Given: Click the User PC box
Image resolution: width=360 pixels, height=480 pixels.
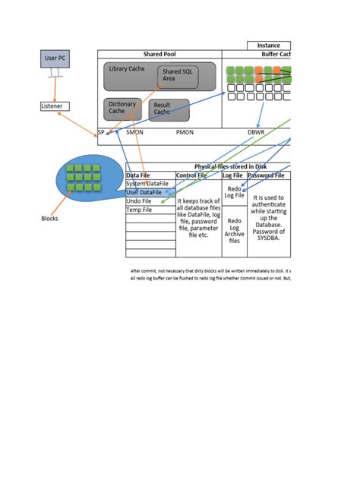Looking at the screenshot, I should [x=54, y=58].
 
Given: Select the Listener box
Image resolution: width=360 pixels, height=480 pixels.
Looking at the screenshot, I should [x=52, y=106].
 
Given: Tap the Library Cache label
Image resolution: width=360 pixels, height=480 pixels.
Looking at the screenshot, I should [x=126, y=68].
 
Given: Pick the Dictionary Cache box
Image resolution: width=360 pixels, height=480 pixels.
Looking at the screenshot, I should [x=122, y=108].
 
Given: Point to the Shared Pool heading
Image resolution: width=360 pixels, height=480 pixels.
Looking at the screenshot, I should [x=159, y=54].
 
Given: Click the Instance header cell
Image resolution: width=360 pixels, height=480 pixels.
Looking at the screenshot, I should [x=268, y=46].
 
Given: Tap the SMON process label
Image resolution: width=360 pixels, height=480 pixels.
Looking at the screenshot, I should [x=134, y=131].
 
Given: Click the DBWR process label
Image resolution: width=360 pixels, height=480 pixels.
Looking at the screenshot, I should [x=256, y=131].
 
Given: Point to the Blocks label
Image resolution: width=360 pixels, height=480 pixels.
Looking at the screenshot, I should [x=49, y=219].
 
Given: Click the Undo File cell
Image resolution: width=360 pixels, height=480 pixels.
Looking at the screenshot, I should [x=141, y=201].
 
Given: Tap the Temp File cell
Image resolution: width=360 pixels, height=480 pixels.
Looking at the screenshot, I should [x=141, y=210].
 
